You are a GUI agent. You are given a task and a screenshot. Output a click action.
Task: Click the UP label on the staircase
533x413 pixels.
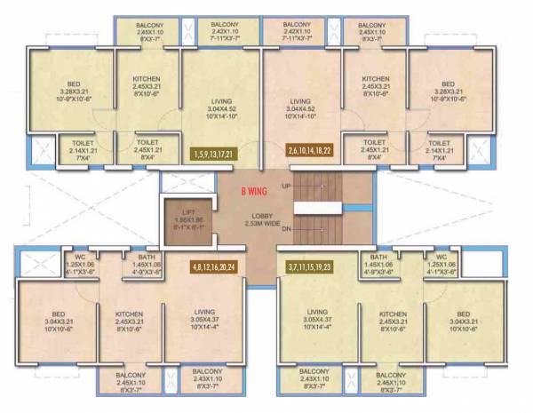point(286,186)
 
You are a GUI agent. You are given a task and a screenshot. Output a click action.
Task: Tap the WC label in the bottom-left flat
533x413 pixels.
point(80,264)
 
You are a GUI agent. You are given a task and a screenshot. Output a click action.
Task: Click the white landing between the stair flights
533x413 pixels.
point(317,206)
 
